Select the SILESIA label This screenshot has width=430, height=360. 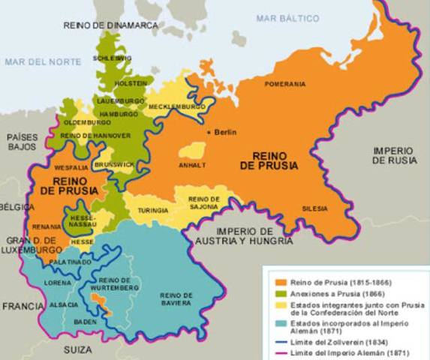tap(316, 208)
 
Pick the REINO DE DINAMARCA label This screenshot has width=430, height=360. tap(111, 25)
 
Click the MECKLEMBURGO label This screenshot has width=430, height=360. tap(178, 107)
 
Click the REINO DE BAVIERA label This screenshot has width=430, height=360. tap(177, 299)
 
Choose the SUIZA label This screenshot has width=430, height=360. tap(77, 349)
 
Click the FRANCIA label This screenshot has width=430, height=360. tap(23, 307)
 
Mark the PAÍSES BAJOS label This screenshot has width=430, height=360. tap(22, 142)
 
